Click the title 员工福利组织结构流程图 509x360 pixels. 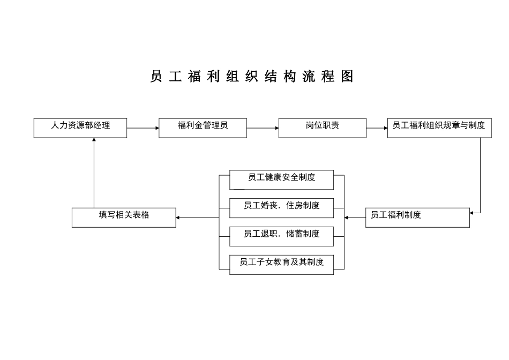(252, 77)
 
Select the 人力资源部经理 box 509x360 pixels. (80, 128)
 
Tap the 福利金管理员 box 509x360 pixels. (203, 128)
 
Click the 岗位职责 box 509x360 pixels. (322, 128)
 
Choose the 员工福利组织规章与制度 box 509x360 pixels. (438, 128)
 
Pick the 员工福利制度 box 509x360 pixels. (417, 217)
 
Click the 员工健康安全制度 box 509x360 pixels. (281, 179)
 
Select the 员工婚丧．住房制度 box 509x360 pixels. (281, 208)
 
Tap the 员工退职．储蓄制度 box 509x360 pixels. (281, 236)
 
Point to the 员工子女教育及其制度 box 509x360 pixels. (281, 265)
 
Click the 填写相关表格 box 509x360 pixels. (124, 217)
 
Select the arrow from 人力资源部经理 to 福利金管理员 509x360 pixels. (143, 128)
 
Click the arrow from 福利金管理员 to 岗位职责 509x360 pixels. (263, 128)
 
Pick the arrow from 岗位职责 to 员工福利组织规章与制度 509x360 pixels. (377, 128)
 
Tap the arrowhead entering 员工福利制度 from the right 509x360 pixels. (472, 213)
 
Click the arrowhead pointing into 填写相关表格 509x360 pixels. (178, 217)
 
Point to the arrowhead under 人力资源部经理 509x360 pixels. (94, 140)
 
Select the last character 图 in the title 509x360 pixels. (348, 77)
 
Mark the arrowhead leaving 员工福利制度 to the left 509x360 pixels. (347, 217)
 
